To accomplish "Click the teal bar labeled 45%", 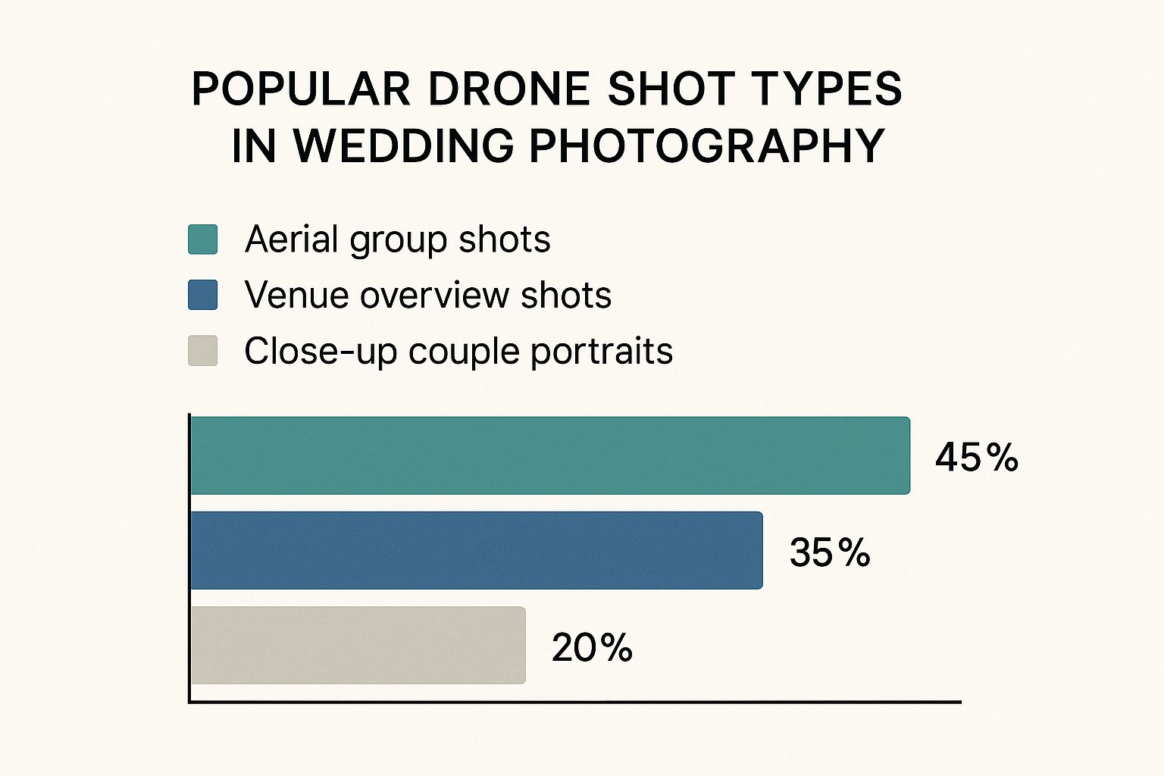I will click(549, 455).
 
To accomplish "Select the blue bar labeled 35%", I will click(476, 550).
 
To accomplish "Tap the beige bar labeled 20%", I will click(358, 645).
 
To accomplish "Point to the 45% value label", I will click(976, 457).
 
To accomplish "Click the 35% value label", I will click(830, 552).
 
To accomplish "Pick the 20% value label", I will click(592, 647).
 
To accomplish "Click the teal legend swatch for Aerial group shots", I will click(203, 239).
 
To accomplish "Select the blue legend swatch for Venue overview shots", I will click(203, 295).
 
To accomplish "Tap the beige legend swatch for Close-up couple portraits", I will click(203, 351).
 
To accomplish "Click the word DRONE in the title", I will click(508, 89).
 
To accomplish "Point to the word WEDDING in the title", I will click(399, 145).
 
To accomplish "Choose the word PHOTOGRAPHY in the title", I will click(706, 145).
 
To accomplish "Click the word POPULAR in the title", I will click(301, 89).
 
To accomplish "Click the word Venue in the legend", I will click(296, 295).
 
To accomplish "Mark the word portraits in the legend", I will click(601, 351).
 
